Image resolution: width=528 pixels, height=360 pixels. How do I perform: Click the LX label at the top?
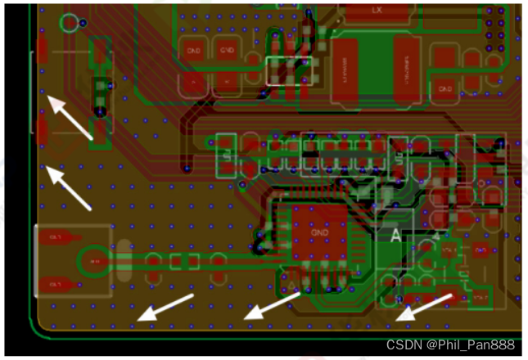(377, 11)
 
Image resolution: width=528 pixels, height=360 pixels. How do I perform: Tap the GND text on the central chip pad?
(319, 232)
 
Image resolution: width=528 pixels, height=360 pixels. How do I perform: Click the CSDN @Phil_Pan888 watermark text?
(450, 344)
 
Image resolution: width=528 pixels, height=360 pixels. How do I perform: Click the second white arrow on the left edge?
(70, 187)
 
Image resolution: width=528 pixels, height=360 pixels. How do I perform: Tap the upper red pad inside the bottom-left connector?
(56, 238)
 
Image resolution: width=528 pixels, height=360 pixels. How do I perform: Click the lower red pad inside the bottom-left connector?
(56, 285)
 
